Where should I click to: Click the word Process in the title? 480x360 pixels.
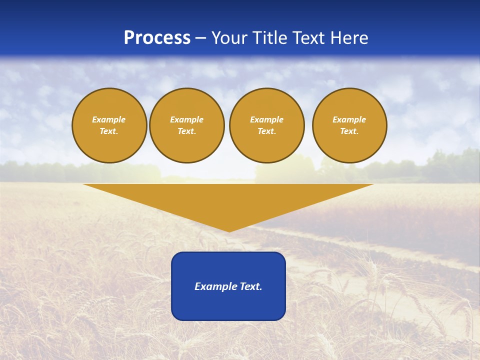[157, 38]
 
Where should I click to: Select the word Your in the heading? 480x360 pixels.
[229, 38]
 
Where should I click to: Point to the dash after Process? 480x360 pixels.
[200, 38]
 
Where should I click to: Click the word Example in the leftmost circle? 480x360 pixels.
[109, 119]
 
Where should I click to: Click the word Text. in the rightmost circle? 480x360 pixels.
[349, 131]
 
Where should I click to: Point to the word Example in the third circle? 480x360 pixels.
[266, 119]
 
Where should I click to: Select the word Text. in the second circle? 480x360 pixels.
[186, 131]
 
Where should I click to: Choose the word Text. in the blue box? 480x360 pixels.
[250, 286]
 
